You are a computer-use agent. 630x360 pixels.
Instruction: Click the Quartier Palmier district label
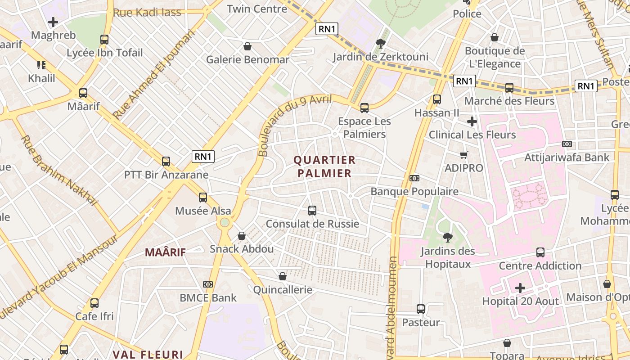[324, 166]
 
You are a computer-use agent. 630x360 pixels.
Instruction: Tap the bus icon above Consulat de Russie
[312, 210]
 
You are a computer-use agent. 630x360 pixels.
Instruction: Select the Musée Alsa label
[203, 211]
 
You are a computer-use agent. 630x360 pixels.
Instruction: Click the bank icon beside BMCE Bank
[207, 284]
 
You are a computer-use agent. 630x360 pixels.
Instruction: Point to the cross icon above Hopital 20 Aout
[520, 288]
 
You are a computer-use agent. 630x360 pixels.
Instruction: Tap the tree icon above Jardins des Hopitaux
[447, 237]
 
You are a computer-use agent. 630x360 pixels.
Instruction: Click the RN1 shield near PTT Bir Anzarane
[203, 157]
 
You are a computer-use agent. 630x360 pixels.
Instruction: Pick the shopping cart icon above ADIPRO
[463, 155]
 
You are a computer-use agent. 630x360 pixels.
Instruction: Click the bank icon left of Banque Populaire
[414, 178]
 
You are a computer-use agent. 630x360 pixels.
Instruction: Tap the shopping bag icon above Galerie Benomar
[247, 46]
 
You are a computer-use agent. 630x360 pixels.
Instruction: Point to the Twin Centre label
[257, 9]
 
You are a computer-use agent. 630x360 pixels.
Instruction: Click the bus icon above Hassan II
[436, 99]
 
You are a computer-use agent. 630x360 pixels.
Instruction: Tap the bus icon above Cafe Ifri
[94, 303]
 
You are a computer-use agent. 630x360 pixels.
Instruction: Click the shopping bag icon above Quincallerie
[283, 276]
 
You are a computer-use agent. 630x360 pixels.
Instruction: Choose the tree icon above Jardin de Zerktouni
[380, 44]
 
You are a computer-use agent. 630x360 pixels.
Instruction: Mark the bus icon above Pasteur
[421, 309]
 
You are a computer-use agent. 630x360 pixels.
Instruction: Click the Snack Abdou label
[242, 249]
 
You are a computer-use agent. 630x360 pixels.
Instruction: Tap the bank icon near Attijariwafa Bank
[567, 144]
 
